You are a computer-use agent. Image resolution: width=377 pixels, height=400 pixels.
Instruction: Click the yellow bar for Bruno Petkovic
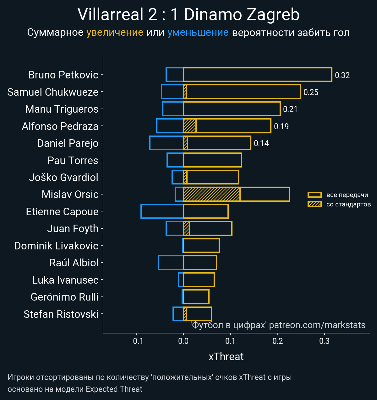[257, 75]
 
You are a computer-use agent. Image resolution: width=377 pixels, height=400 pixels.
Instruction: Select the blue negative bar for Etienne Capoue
[162, 211]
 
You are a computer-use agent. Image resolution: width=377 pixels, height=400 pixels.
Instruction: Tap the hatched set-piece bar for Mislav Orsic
[211, 194]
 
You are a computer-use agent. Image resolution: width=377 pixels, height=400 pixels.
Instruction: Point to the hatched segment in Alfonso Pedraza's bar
[190, 126]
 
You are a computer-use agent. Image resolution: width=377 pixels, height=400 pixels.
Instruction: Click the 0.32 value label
[342, 75]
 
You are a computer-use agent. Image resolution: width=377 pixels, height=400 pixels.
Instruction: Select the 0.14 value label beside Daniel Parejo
[261, 143]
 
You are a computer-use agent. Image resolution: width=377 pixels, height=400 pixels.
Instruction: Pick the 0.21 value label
[290, 109]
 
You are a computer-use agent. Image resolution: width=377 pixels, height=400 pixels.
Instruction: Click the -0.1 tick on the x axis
[136, 341]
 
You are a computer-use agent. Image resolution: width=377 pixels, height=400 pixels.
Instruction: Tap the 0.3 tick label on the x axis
[324, 341]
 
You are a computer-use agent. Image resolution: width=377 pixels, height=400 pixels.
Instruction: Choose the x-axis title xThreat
[226, 357]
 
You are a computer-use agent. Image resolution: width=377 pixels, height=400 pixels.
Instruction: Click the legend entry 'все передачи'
[347, 195]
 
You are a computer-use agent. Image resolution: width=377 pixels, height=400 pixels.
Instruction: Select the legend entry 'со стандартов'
[348, 205]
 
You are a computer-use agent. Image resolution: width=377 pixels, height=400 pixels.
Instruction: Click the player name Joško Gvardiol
[63, 178]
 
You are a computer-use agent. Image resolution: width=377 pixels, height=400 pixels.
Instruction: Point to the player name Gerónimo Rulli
[64, 297]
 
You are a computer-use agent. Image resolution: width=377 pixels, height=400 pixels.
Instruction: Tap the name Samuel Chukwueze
[53, 92]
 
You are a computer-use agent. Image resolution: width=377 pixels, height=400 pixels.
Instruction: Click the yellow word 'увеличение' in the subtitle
[115, 33]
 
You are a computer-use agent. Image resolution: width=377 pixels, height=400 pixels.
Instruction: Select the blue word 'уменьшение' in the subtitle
[198, 33]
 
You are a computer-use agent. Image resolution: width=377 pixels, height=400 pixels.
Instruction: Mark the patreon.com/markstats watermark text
[317, 325]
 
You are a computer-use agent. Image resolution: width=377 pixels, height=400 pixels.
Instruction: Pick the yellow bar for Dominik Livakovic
[201, 246]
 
